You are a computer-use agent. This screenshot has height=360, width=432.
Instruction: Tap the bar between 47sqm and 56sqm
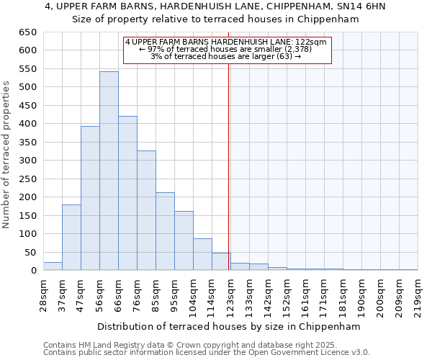tap(90, 199)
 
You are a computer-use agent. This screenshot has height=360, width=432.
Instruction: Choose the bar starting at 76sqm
tap(146, 211)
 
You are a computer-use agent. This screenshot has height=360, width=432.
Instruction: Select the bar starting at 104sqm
tap(202, 255)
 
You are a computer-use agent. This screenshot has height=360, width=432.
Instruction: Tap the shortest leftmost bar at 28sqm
tap(53, 266)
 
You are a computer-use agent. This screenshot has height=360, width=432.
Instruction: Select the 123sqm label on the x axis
tap(230, 292)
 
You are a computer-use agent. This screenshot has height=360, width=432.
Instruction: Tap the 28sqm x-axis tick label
tap(43, 292)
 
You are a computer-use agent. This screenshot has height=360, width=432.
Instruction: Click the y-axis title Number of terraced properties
tap(7, 154)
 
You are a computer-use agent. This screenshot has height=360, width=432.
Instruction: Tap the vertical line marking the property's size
tap(229, 144)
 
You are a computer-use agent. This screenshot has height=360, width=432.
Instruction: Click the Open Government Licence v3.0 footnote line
tap(207, 352)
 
